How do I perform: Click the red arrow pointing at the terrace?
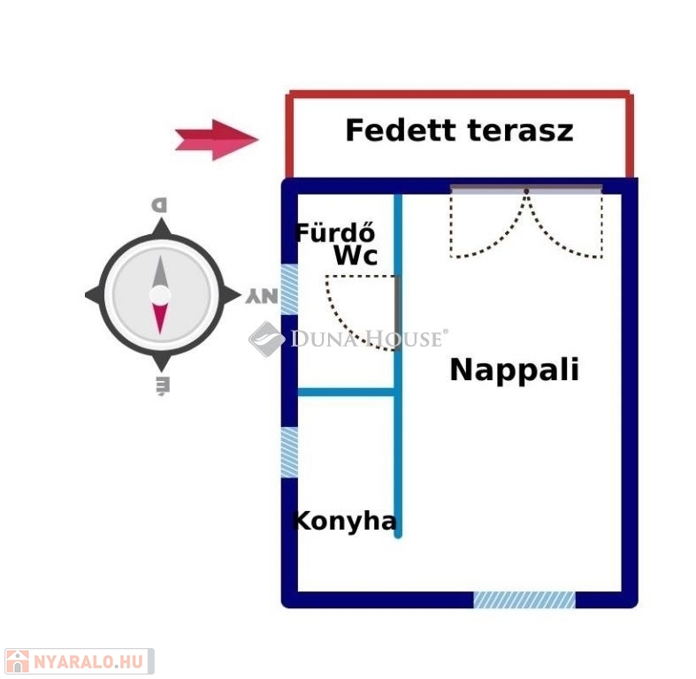[217, 140]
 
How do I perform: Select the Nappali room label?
[515, 370]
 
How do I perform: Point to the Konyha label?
[344, 521]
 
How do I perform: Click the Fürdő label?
[334, 233]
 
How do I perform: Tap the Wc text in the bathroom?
[356, 256]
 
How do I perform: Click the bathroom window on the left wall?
[289, 289]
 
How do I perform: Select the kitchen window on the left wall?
[289, 452]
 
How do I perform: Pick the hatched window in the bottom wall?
[524, 599]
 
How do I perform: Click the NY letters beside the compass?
[262, 296]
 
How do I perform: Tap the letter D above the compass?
[159, 205]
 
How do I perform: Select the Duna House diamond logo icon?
[266, 339]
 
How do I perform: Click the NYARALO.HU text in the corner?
[88, 661]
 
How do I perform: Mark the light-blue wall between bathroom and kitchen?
[346, 392]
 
